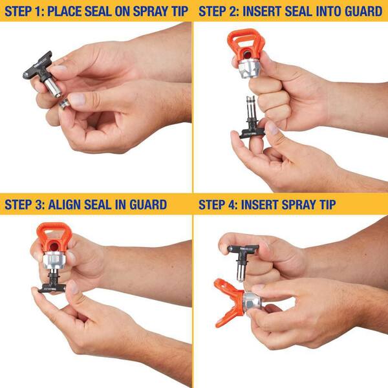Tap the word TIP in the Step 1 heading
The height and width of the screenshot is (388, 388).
tap(177, 11)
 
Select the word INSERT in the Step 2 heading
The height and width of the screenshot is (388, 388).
tap(267, 11)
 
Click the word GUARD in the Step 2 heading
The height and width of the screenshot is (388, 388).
tap(363, 11)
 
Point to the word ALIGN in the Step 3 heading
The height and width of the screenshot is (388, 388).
tap(69, 205)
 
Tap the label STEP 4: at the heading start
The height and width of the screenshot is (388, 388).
tap(219, 205)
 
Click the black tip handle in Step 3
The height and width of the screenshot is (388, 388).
tap(52, 285)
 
